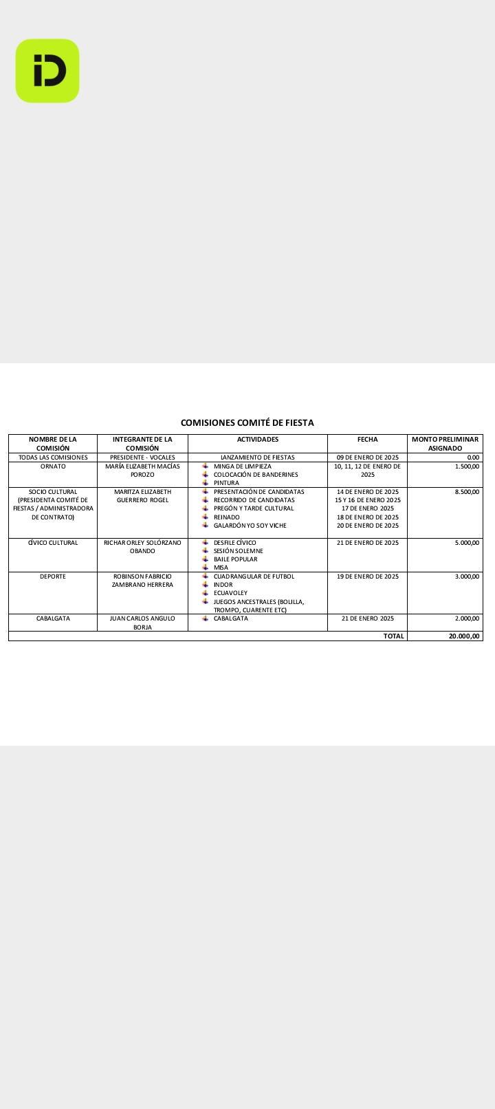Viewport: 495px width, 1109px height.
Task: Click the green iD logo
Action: click(47, 71)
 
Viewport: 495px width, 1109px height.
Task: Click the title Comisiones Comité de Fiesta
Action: click(247, 422)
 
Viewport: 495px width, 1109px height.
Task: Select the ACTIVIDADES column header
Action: click(258, 440)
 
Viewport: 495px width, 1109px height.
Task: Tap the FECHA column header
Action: click(367, 440)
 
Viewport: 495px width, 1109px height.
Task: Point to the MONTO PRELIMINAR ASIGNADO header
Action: click(445, 444)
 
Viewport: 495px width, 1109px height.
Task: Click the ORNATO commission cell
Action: click(53, 466)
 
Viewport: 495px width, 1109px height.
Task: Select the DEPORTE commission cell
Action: click(53, 577)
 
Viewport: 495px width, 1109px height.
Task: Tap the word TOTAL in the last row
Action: click(394, 636)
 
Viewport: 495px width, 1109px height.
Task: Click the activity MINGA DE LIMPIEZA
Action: click(242, 466)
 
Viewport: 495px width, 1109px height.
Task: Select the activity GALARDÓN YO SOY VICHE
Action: click(250, 526)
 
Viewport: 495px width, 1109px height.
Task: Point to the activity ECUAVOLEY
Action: click(230, 593)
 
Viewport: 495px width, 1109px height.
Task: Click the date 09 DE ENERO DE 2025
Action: click(367, 457)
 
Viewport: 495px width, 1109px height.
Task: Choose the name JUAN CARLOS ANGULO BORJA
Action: click(142, 623)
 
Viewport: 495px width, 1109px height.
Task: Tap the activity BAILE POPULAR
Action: click(235, 559)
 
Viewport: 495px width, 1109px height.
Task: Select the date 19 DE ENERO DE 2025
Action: click(367, 577)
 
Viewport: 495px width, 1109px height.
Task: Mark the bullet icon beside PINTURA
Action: click(206, 483)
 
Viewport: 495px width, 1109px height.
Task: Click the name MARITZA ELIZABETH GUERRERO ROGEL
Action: click(142, 496)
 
